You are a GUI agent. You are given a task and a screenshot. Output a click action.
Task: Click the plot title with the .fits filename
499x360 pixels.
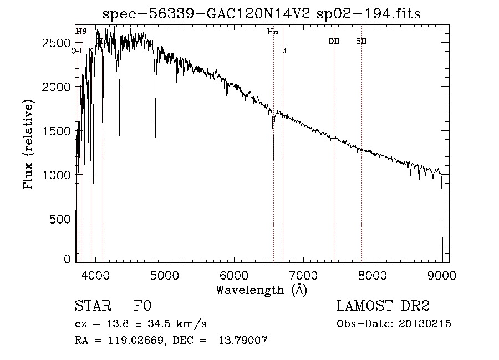pos(261,14)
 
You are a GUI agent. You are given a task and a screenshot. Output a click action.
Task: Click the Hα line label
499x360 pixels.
pos(273,32)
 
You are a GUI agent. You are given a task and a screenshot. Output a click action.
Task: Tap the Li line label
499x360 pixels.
pos(283,50)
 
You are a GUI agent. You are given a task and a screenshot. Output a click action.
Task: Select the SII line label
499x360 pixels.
pos(361,41)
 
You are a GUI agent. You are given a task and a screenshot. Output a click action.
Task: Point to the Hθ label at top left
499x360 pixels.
pos(81,32)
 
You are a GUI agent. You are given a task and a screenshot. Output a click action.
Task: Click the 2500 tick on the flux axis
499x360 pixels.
pos(56,43)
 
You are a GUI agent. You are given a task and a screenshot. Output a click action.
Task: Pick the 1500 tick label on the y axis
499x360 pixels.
pos(56,131)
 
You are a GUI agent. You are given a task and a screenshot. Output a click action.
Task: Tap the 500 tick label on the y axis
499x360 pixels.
pos(59,219)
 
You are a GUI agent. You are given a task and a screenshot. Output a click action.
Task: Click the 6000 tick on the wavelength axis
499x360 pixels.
pos(234,275)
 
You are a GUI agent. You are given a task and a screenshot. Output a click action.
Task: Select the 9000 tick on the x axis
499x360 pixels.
pos(441,275)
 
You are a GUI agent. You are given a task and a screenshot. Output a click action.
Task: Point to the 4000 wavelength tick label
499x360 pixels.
pos(95,275)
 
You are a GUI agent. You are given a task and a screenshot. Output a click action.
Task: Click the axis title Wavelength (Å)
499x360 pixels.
pos(262,290)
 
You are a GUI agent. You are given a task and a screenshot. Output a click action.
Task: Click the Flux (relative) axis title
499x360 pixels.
pos(28,144)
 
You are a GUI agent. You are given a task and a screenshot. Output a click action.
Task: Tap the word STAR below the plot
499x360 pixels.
pos(93,306)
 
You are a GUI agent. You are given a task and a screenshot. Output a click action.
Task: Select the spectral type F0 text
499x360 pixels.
pos(142,306)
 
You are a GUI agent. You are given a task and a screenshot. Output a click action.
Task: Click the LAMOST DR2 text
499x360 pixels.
pos(383,306)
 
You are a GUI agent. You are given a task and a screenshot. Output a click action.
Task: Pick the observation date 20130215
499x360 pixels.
pos(425,324)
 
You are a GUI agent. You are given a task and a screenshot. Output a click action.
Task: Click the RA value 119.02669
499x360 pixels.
pos(136,340)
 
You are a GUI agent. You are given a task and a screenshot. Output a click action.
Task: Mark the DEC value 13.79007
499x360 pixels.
pos(243,340)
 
